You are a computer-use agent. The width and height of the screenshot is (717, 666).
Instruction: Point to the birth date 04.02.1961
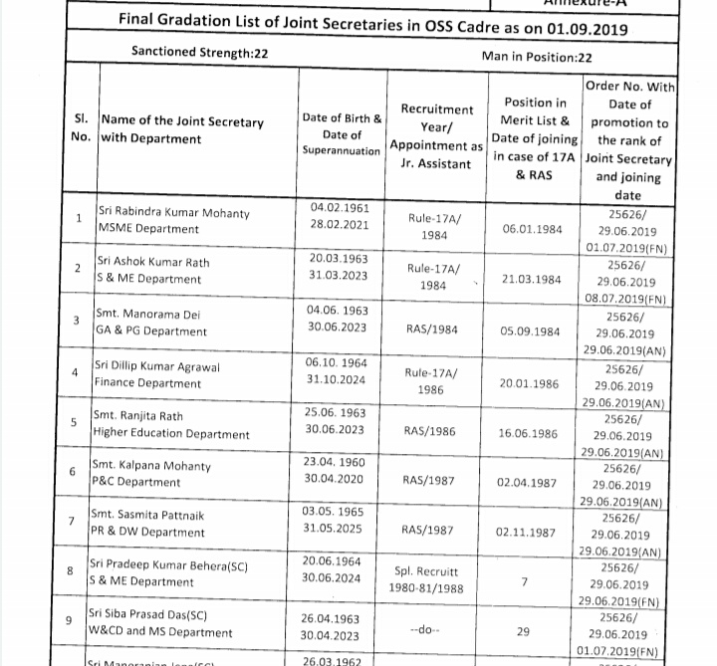340,207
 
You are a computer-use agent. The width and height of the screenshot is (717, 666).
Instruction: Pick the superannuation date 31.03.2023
339,275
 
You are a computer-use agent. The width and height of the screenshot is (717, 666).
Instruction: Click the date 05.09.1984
530,332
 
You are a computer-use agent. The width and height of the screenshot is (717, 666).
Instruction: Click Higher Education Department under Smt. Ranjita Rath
170,433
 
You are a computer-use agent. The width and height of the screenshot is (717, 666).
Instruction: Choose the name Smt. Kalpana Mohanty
150,465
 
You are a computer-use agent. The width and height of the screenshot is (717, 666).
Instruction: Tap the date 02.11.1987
526,533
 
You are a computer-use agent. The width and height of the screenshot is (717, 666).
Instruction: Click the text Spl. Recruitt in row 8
426,571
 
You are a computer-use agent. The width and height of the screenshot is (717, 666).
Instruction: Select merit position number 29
524,631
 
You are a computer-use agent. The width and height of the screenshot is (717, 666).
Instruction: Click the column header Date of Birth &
342,117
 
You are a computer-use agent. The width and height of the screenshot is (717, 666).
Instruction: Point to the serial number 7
72,521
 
